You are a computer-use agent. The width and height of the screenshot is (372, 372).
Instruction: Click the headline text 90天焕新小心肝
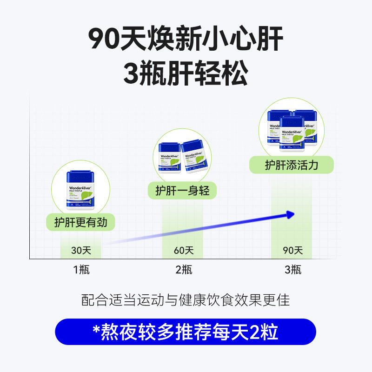186,40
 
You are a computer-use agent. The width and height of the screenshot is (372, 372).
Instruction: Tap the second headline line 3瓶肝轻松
186,73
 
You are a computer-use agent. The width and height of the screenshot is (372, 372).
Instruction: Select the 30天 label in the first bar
81,251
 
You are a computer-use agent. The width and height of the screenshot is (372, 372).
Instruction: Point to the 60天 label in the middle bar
183,251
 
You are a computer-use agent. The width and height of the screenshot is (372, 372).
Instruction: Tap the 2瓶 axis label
183,269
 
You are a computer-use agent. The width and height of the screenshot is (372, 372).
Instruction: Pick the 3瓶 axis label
293,269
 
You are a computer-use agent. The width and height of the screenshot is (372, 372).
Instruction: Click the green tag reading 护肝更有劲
80,222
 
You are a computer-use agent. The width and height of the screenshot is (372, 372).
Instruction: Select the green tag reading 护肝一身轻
182,190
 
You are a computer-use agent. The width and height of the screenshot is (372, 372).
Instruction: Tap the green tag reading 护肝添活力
292,165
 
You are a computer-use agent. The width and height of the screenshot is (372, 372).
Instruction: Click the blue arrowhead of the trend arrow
290,214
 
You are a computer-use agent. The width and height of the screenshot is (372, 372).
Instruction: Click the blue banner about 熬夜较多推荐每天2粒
186,332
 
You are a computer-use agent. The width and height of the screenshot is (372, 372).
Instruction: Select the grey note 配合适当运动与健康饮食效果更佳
186,300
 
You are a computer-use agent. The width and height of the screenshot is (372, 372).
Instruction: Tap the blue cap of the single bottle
81,176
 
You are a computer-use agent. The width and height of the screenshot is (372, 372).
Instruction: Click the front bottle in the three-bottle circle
292,135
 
